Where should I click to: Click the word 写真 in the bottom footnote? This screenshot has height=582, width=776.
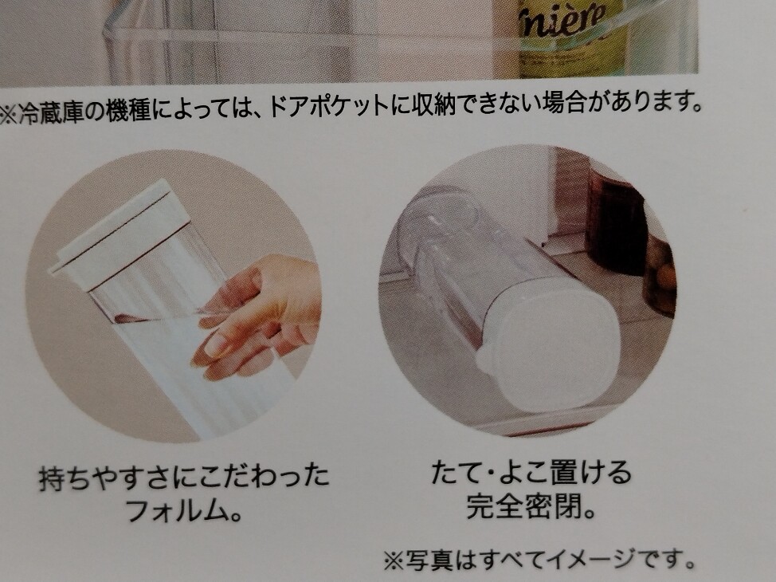pos(428,560)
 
